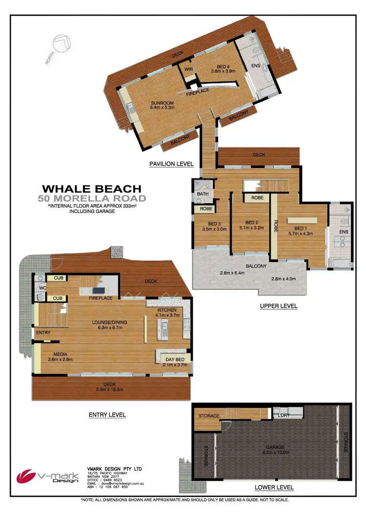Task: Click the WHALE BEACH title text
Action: tap(92, 189)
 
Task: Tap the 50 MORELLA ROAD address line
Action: tap(92, 198)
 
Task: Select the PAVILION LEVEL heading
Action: tap(171, 164)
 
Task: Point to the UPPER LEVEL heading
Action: tap(279, 306)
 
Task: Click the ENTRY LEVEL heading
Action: tap(107, 415)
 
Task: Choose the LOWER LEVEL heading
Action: tap(274, 487)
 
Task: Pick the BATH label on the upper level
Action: tap(203, 194)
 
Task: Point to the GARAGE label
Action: tap(276, 447)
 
